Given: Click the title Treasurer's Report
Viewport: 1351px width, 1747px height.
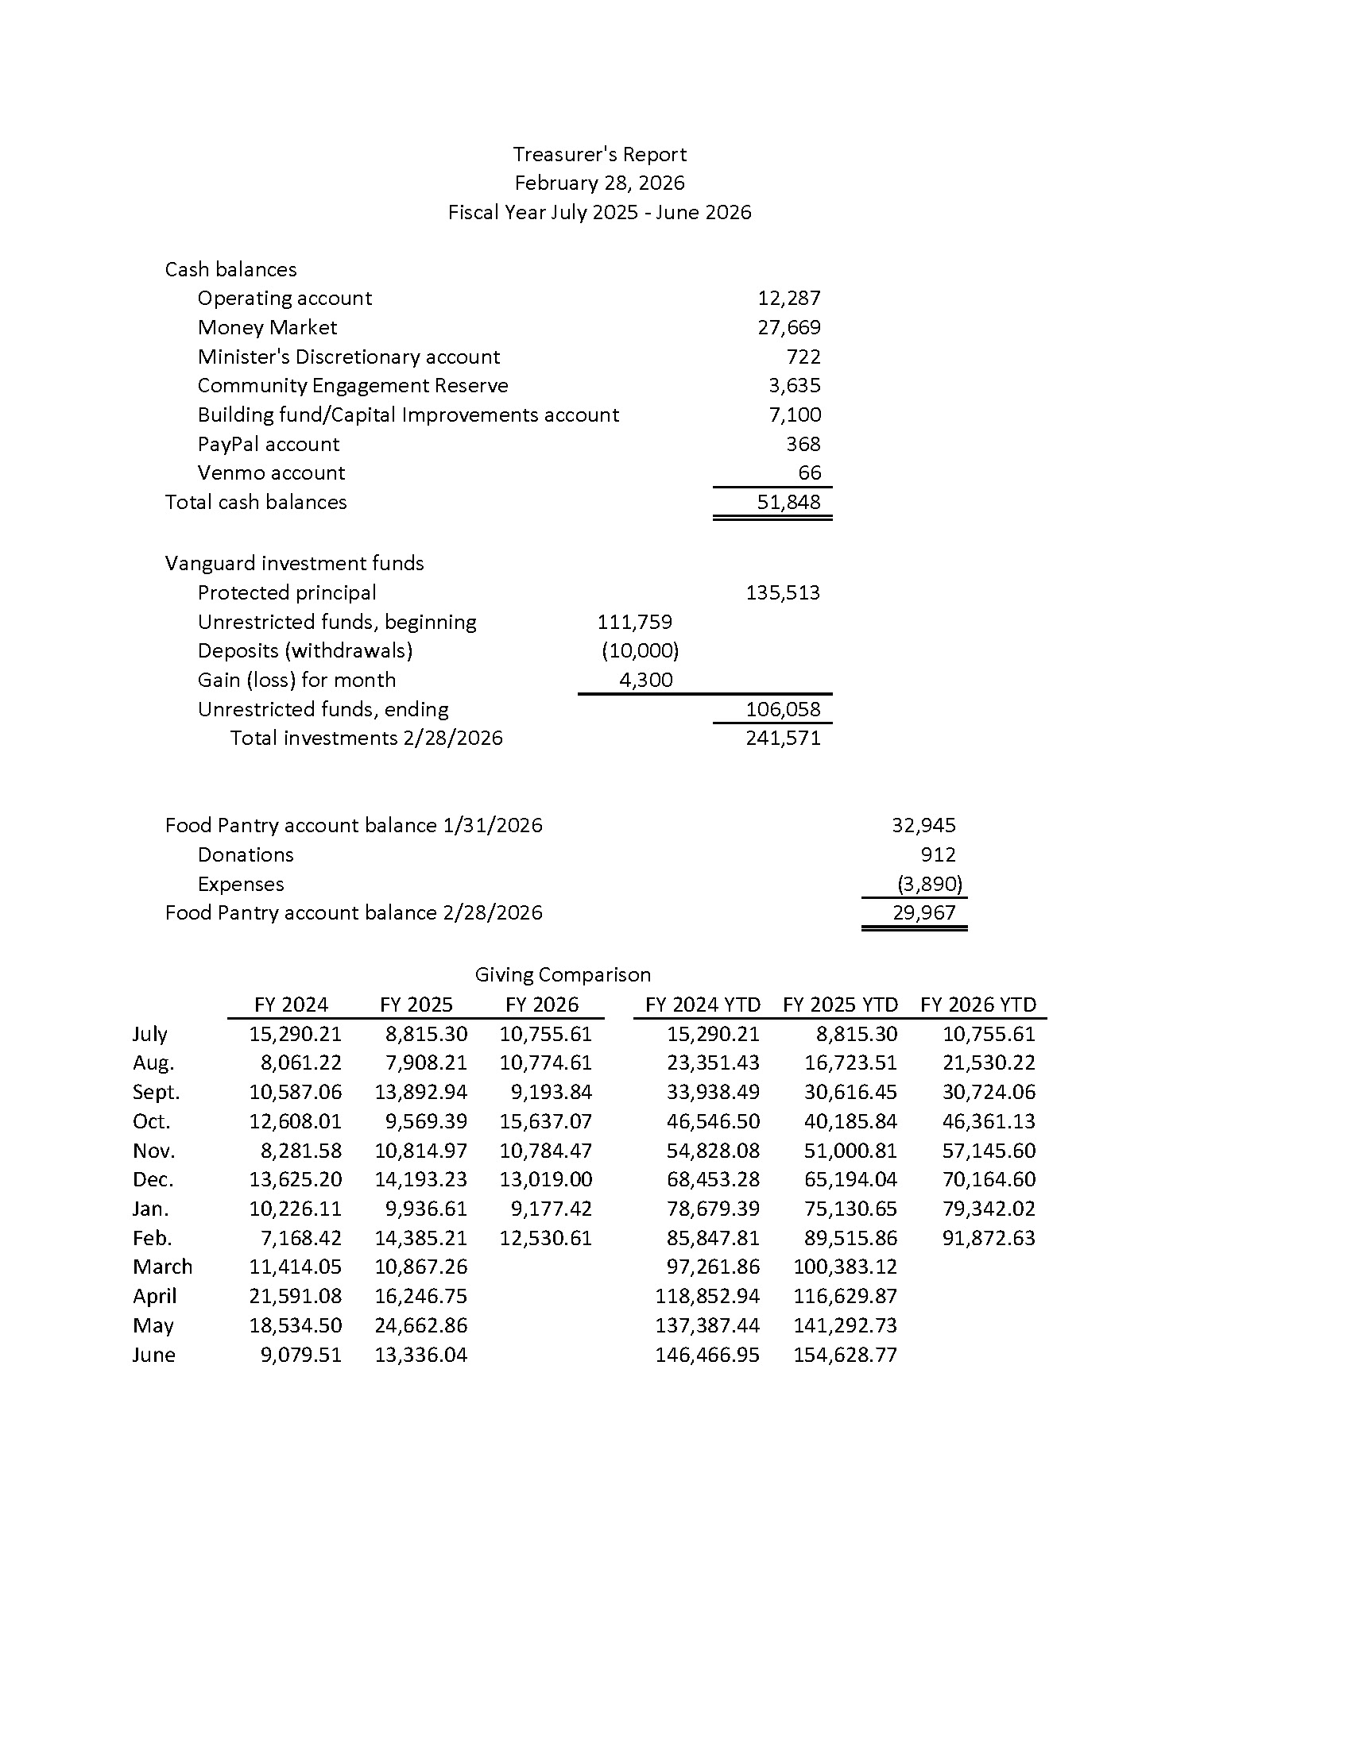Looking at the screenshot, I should (x=599, y=154).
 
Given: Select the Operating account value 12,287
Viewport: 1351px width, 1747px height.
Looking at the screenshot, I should (x=788, y=299).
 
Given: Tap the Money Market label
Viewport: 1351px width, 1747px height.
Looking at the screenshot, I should (x=266, y=327).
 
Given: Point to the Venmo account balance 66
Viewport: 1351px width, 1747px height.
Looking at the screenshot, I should (x=809, y=472).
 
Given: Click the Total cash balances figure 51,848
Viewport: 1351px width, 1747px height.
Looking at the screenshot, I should (x=788, y=503).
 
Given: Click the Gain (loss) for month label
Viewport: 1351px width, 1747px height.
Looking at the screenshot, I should (x=296, y=680).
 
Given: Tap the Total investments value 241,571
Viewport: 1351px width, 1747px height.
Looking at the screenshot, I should (x=783, y=738).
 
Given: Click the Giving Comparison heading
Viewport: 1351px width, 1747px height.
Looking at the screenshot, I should (x=563, y=974).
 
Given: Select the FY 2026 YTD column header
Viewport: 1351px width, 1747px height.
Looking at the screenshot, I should (x=977, y=1005).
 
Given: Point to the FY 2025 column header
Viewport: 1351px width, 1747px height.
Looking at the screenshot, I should (x=416, y=1005).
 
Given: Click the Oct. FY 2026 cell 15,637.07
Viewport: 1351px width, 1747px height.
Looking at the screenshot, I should (x=545, y=1121).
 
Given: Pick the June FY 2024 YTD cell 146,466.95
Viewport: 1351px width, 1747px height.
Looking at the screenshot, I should (x=706, y=1355).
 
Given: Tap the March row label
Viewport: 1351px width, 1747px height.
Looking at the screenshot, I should (x=162, y=1267).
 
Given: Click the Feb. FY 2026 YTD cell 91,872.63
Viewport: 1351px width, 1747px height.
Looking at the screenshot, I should (x=989, y=1238).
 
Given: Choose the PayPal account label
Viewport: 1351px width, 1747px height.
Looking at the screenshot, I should (x=268, y=444).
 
